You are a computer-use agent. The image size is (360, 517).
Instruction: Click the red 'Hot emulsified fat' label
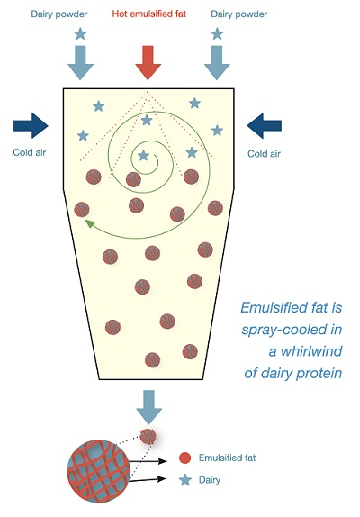(148, 14)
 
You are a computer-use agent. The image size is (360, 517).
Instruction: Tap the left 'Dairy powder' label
(59, 14)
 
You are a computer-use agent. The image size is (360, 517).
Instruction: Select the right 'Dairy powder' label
(238, 14)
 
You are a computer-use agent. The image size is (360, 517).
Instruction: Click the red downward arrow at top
(148, 63)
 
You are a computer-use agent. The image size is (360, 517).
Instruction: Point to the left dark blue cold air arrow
(31, 125)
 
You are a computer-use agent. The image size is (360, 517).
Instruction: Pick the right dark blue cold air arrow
(265, 125)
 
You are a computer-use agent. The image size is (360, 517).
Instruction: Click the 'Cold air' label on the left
(30, 152)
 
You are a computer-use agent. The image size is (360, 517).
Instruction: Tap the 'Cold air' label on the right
(265, 154)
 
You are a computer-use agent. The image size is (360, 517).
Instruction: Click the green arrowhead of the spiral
(89, 223)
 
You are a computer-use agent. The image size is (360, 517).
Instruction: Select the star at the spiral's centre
(143, 155)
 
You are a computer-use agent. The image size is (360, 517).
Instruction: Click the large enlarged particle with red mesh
(98, 471)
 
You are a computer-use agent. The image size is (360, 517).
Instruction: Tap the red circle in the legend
(185, 458)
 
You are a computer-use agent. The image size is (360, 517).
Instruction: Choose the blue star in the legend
(185, 480)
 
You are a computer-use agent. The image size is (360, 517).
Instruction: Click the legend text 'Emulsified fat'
(227, 458)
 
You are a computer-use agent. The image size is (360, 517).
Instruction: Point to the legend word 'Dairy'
(210, 480)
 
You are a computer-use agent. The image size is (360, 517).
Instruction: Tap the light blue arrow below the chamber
(148, 407)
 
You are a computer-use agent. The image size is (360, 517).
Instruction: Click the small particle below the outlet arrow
(148, 437)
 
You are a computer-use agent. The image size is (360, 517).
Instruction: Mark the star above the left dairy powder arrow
(80, 34)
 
